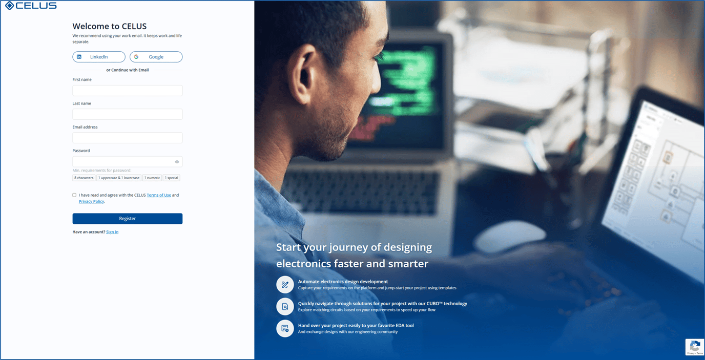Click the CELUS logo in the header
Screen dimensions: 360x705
point(31,6)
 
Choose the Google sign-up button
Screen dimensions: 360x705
point(156,57)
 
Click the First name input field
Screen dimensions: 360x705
point(127,91)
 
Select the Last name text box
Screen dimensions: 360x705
point(127,114)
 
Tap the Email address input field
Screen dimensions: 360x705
point(127,138)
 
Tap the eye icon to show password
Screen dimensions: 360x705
point(177,162)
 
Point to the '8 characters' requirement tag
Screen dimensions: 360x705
point(84,178)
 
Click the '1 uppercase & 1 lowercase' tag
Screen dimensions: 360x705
point(118,178)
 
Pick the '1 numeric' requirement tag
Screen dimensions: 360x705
point(152,178)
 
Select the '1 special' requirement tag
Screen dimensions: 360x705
point(171,178)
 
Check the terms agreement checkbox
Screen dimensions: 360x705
point(74,195)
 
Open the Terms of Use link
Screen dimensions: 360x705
point(159,195)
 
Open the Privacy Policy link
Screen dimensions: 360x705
point(91,201)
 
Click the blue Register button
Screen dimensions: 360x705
point(127,219)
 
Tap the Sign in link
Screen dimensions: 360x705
point(112,232)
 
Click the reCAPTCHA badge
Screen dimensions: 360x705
point(695,347)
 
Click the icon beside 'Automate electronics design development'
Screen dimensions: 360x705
point(285,285)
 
